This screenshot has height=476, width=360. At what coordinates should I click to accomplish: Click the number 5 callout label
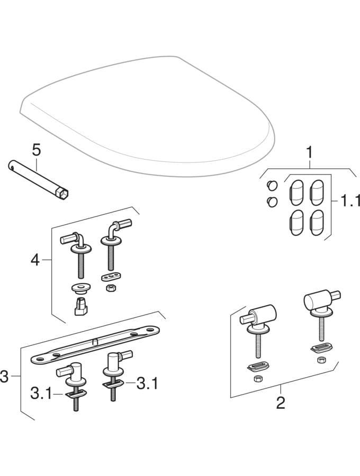(36, 150)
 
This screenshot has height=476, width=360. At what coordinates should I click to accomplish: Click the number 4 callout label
(34, 260)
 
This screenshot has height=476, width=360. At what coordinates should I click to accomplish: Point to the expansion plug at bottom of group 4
(80, 306)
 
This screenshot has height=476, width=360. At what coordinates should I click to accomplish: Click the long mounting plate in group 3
(95, 344)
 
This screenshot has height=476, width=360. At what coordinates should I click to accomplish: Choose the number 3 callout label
(5, 377)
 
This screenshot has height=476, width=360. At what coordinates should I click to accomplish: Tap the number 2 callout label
(281, 403)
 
